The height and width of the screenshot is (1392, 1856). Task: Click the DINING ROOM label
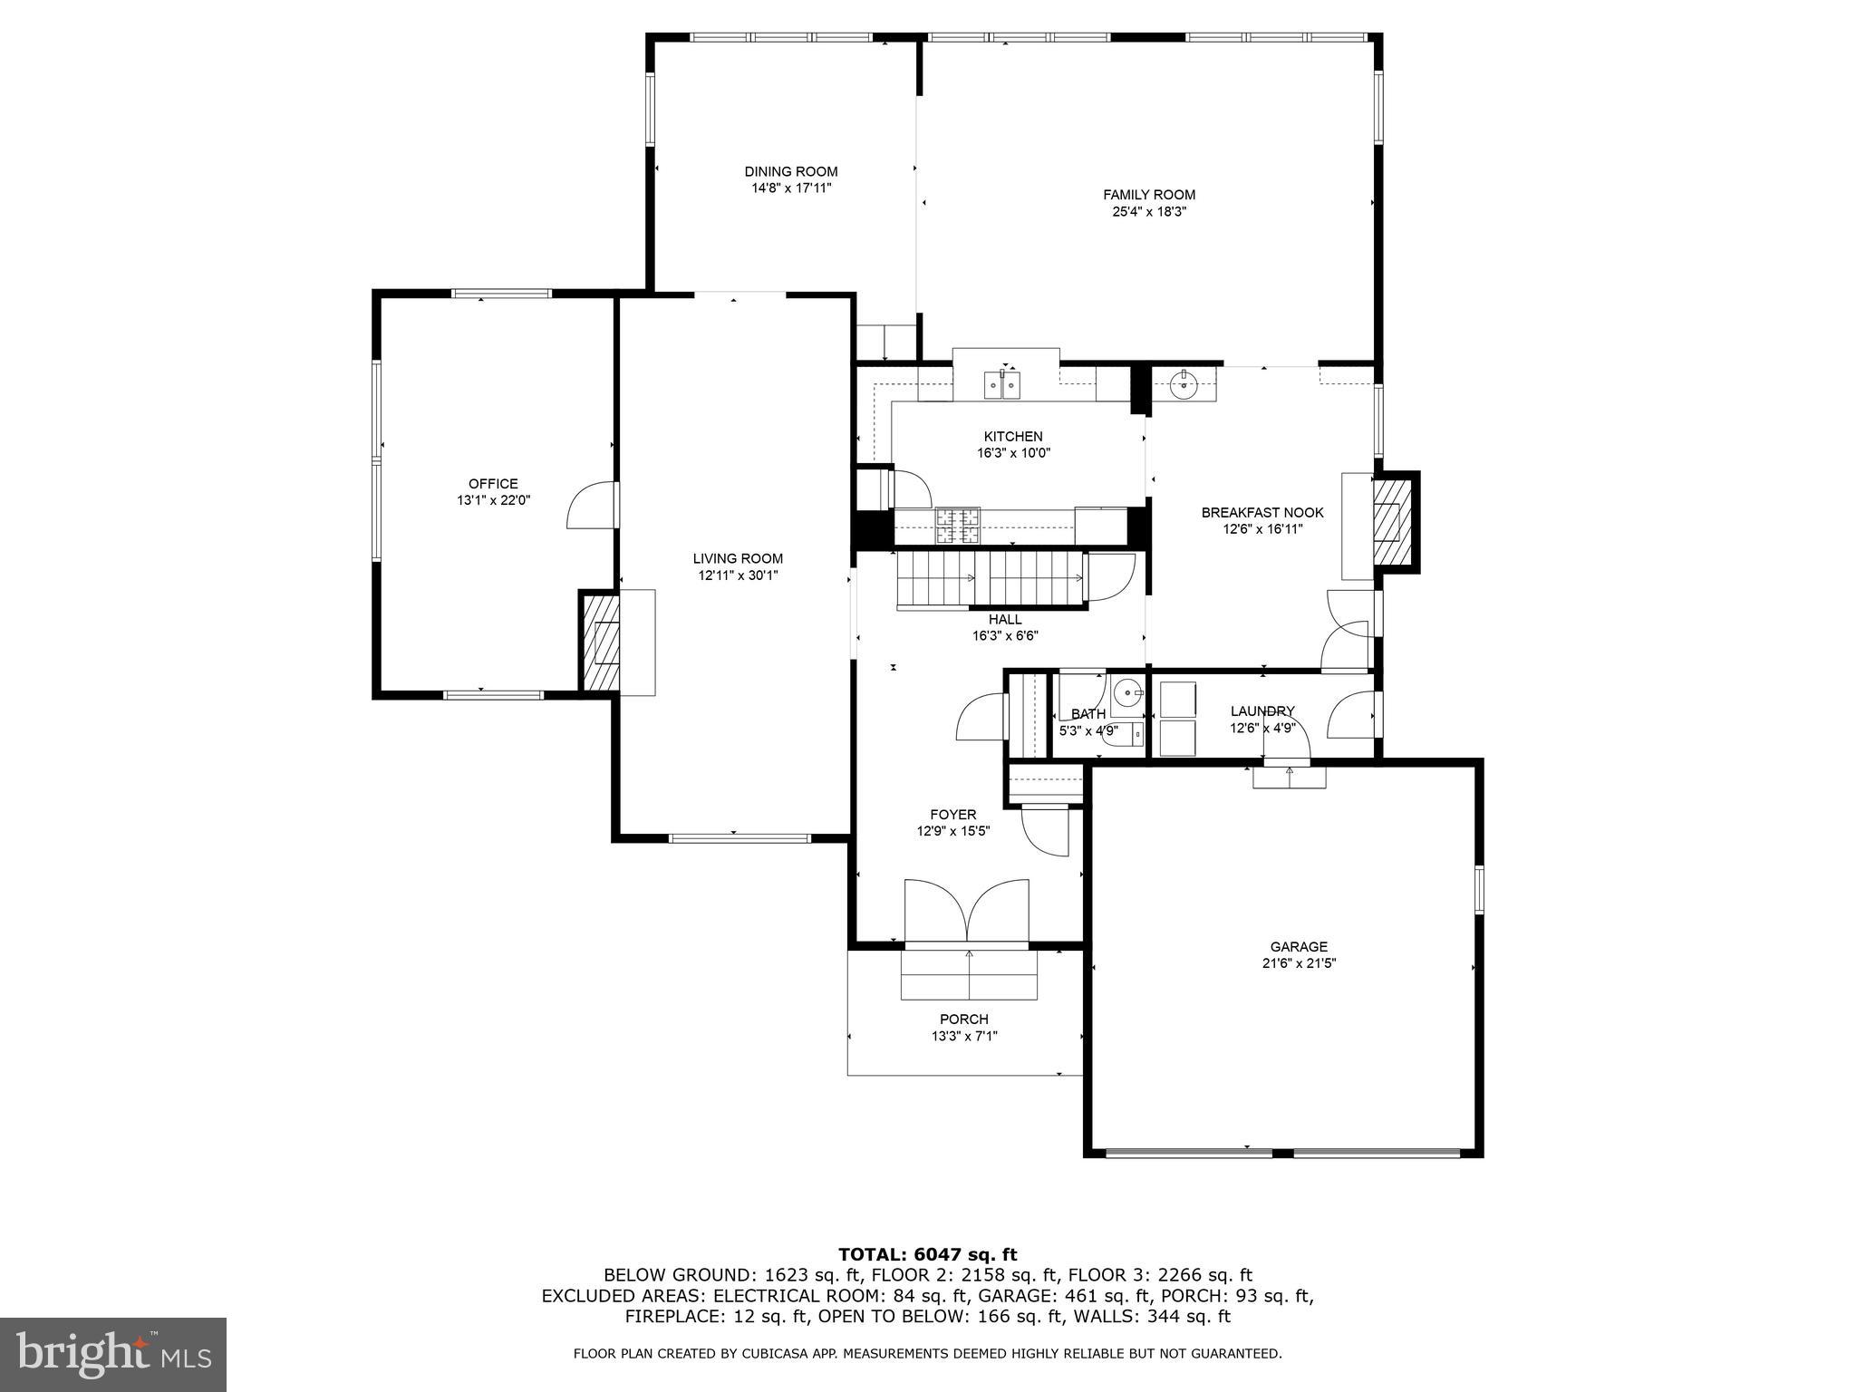(790, 171)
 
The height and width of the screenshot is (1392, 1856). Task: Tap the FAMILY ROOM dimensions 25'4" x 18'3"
(1149, 212)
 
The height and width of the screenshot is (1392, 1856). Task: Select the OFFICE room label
(493, 483)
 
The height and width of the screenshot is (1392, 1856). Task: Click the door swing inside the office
(591, 506)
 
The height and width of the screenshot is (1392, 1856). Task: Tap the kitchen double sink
(1002, 385)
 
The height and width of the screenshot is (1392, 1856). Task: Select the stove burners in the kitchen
(958, 526)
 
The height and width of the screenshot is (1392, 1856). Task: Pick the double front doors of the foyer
(967, 911)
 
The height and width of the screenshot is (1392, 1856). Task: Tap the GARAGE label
(1298, 947)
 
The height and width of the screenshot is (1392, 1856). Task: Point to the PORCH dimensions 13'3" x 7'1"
(964, 1036)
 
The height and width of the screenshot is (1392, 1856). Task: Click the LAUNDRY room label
(1261, 710)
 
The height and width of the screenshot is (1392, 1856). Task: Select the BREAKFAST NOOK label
(1261, 512)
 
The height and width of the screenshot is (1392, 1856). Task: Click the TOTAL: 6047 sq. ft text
(927, 1254)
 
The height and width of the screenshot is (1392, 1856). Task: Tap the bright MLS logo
(113, 1354)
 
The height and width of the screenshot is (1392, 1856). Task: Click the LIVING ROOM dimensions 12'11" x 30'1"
(738, 575)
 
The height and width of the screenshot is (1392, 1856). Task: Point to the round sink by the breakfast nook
(1184, 385)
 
